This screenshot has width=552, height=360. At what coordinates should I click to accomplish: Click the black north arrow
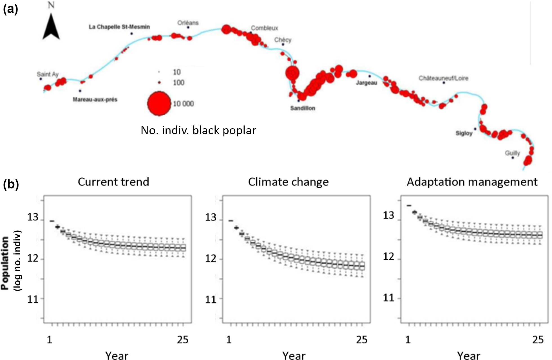[51, 27]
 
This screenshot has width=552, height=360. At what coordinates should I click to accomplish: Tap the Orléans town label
[188, 23]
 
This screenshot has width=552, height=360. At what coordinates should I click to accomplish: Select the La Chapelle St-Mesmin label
[119, 27]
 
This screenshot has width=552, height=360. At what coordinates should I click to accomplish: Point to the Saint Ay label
[48, 74]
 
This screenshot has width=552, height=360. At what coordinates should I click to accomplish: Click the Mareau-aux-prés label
[95, 100]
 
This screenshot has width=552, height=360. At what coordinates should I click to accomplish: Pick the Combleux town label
[264, 28]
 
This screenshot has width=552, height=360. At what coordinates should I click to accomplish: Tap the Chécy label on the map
[283, 40]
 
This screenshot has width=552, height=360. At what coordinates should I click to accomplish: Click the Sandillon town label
[303, 108]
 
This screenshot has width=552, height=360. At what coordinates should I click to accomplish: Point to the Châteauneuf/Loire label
[443, 78]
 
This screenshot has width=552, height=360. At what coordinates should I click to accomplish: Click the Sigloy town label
[464, 133]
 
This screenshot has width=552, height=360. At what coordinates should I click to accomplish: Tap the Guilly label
[512, 153]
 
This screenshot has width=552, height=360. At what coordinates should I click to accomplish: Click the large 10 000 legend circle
[159, 103]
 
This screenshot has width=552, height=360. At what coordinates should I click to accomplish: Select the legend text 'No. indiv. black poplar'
[198, 130]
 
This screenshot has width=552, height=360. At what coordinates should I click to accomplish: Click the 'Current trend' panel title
[113, 182]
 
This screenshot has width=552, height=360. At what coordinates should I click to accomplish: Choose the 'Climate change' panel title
[288, 182]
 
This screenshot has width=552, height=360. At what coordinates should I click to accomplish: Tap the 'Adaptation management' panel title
[472, 182]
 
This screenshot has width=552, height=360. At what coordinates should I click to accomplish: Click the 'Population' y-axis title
[5, 263]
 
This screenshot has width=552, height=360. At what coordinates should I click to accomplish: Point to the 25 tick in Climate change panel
[362, 340]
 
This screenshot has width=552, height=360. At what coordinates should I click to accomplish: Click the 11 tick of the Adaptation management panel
[388, 298]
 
